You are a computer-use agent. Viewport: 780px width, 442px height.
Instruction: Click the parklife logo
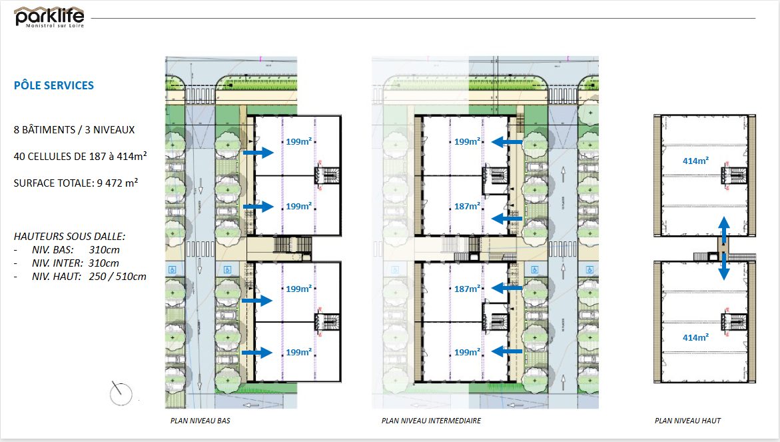click(49, 16)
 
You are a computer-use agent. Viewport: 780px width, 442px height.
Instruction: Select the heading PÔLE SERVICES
click(54, 85)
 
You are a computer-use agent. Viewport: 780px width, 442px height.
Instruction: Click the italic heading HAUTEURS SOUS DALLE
click(69, 236)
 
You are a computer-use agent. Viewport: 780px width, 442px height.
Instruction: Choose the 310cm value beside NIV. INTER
click(103, 263)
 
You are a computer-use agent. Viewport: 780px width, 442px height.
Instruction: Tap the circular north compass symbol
click(121, 392)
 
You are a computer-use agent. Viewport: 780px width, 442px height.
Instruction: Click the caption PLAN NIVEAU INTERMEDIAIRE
click(431, 421)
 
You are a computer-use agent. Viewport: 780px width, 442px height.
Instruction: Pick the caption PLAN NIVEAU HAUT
click(687, 421)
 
